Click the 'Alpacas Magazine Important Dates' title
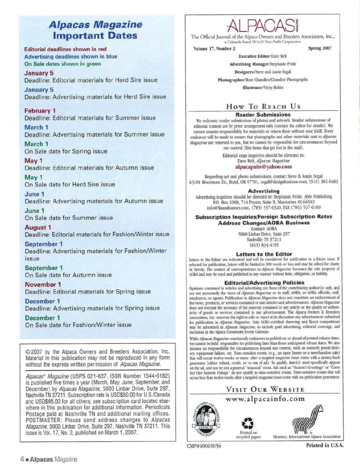pos(95,30)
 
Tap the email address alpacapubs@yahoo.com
pos(263,167)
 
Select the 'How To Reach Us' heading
pos(263,106)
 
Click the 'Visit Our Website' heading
pos(265,389)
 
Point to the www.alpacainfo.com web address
pos(265,399)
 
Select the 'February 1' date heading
pos(40,111)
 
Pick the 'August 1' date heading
pos(38,227)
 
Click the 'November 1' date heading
pos(43,284)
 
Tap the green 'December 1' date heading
pos(42,318)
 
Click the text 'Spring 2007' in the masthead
pos(320,48)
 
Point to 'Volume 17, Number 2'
pos(214,48)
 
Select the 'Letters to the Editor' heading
pos(264,254)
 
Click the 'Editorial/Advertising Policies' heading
pos(264,283)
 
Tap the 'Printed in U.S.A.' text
pos(324,445)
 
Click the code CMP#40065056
pos(204,446)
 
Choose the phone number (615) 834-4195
pos(264,245)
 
